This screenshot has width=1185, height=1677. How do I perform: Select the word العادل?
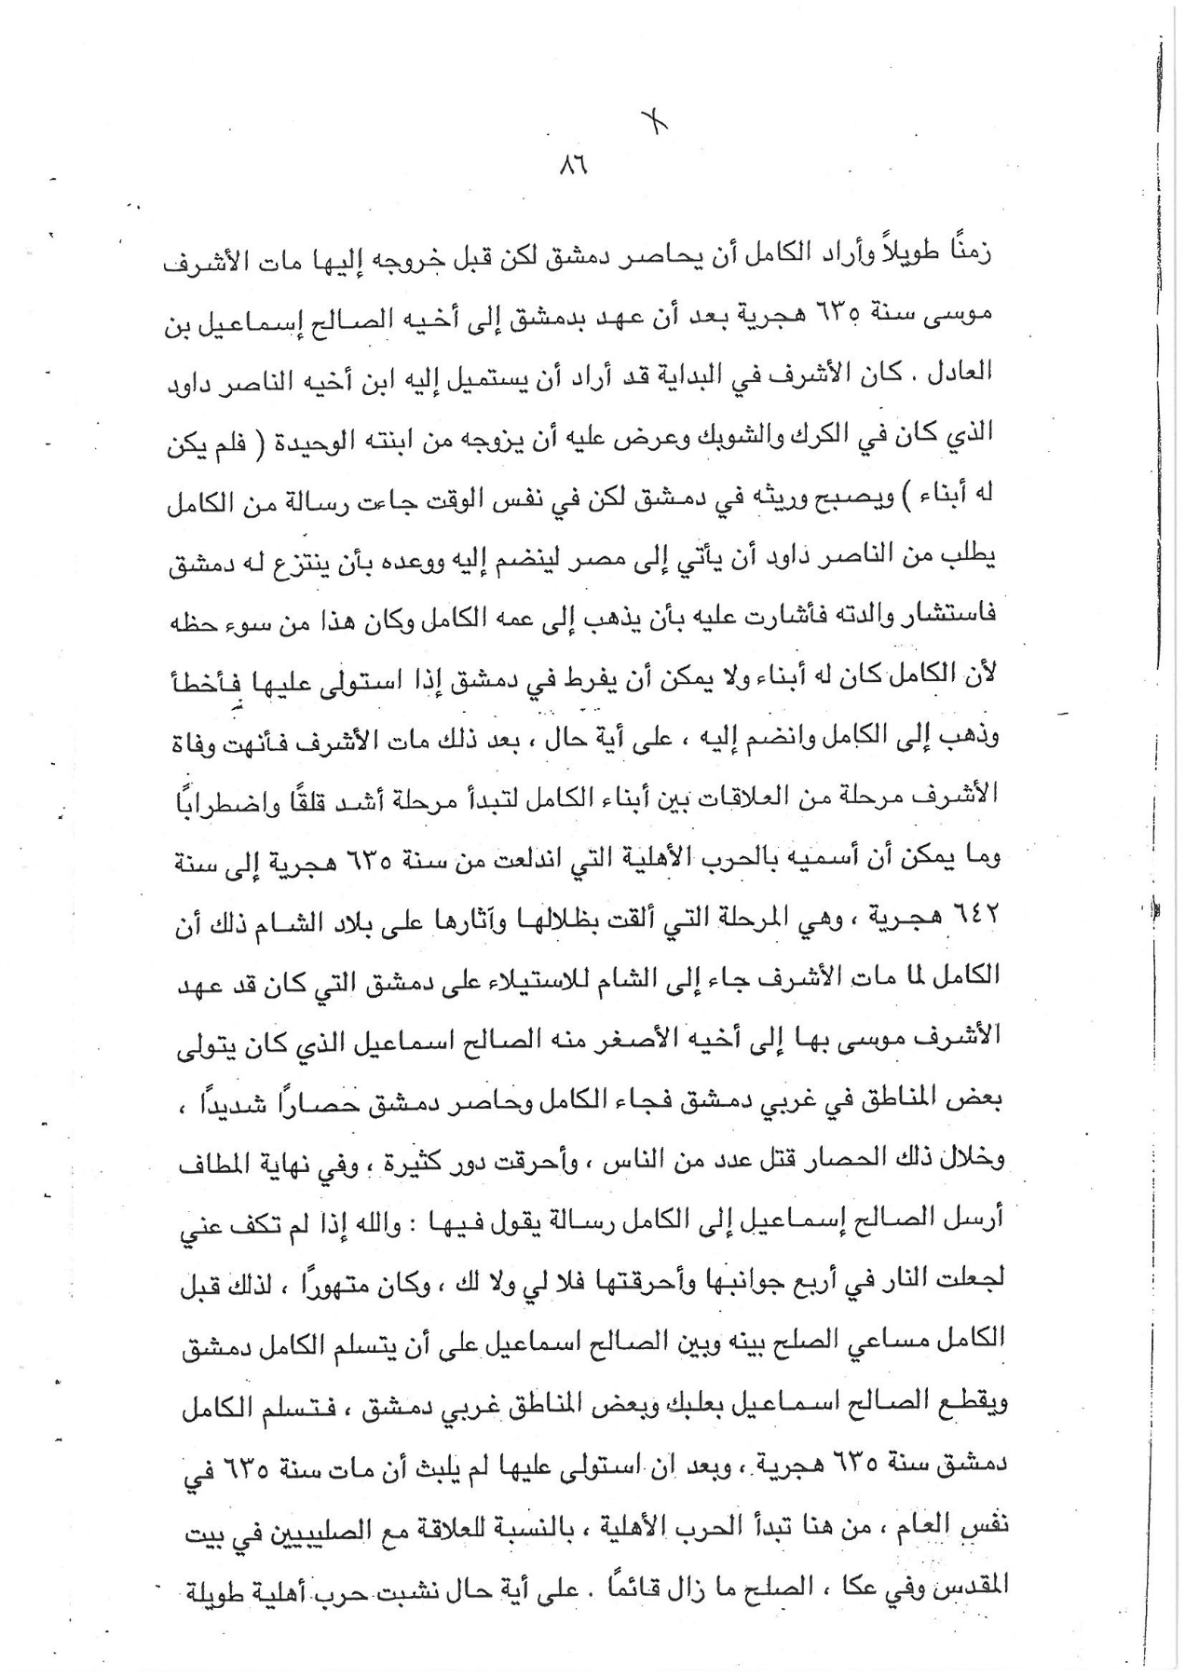[968, 375]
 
